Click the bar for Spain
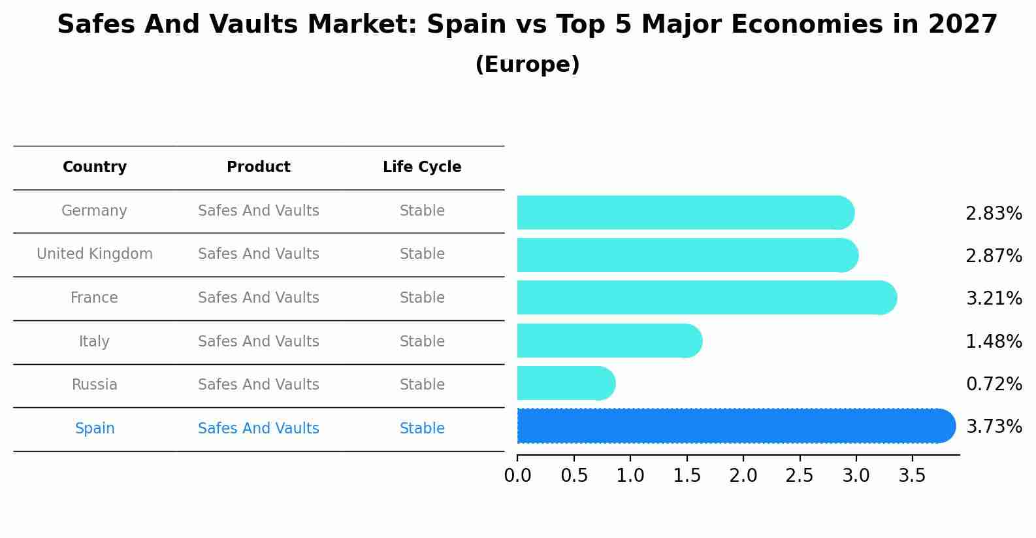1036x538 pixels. click(732, 426)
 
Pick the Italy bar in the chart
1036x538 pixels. click(607, 341)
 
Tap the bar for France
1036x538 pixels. click(705, 297)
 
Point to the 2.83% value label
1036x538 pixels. click(994, 214)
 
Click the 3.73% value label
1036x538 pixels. click(994, 427)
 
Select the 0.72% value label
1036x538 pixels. click(994, 384)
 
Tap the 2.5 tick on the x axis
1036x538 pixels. click(800, 476)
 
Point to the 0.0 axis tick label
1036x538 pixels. click(517, 476)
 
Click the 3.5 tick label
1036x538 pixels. click(913, 476)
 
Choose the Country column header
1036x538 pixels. click(95, 167)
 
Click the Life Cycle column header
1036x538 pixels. click(422, 167)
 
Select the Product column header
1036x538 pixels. click(259, 167)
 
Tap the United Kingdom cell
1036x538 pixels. click(95, 254)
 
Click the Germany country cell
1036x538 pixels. click(94, 211)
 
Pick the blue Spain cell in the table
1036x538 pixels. click(95, 429)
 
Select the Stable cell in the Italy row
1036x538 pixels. click(422, 342)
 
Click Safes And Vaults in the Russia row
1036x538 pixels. click(259, 385)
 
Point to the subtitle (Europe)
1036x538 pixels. click(527, 65)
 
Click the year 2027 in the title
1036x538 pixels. click(962, 25)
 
